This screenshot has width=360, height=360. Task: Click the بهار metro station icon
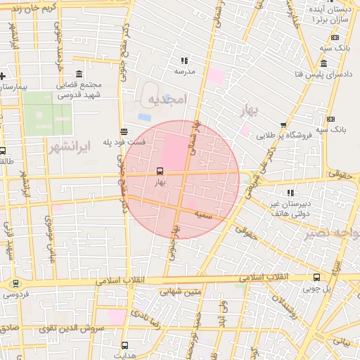pyautogui.click(x=160, y=171)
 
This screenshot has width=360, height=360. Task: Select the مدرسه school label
pyautogui.click(x=184, y=72)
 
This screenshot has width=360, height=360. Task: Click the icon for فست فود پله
pyautogui.click(x=124, y=131)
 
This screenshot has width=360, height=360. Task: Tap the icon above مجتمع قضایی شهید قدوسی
pyautogui.click(x=77, y=75)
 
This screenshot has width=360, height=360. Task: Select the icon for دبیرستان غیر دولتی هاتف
pyautogui.click(x=290, y=192)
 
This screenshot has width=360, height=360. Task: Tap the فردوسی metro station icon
pyautogui.click(x=15, y=283)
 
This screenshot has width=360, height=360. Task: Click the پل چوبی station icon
pyautogui.click(x=316, y=277)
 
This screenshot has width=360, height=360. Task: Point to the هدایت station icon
pyautogui.click(x=125, y=345)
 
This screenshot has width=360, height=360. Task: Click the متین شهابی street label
pyautogui.click(x=177, y=291)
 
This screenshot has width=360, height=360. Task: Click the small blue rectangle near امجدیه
pyautogui.click(x=144, y=117)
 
